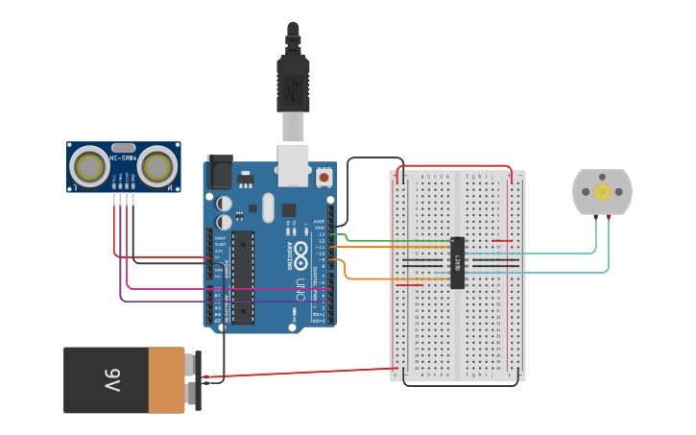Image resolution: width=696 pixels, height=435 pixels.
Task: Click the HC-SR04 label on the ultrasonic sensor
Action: click(123, 157)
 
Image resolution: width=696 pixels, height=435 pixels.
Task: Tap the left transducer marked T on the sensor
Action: click(90, 167)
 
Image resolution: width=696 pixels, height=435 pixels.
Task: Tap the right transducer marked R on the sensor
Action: click(156, 167)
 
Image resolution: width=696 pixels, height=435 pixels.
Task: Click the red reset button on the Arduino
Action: click(324, 178)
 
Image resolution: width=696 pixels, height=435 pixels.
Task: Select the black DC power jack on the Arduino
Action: click(220, 172)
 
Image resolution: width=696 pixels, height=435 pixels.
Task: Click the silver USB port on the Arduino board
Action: click(294, 165)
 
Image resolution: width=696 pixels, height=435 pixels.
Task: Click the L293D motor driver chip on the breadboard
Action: click(458, 262)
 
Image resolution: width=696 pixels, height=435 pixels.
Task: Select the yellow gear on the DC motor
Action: click(602, 191)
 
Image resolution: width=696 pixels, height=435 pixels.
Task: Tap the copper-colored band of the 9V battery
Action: click(167, 380)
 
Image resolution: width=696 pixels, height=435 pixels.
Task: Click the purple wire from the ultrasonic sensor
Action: click(192, 302)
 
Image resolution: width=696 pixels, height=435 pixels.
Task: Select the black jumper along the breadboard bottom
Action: click(461, 385)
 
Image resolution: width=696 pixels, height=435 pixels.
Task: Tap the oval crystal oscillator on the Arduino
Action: click(268, 205)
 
